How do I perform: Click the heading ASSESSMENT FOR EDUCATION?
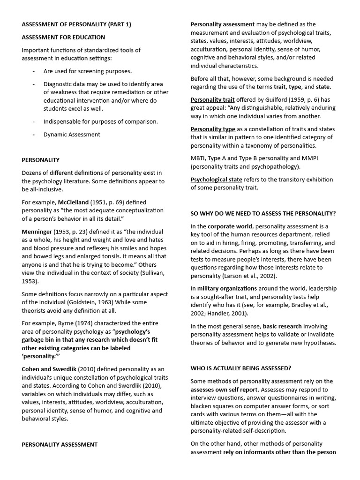(x=63, y=37)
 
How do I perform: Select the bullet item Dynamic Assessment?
(x=72, y=135)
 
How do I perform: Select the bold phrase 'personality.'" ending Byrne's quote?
(x=40, y=356)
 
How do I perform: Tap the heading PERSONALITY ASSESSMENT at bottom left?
(x=60, y=444)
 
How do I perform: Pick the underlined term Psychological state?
(x=216, y=180)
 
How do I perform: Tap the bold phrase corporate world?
(x=231, y=226)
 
